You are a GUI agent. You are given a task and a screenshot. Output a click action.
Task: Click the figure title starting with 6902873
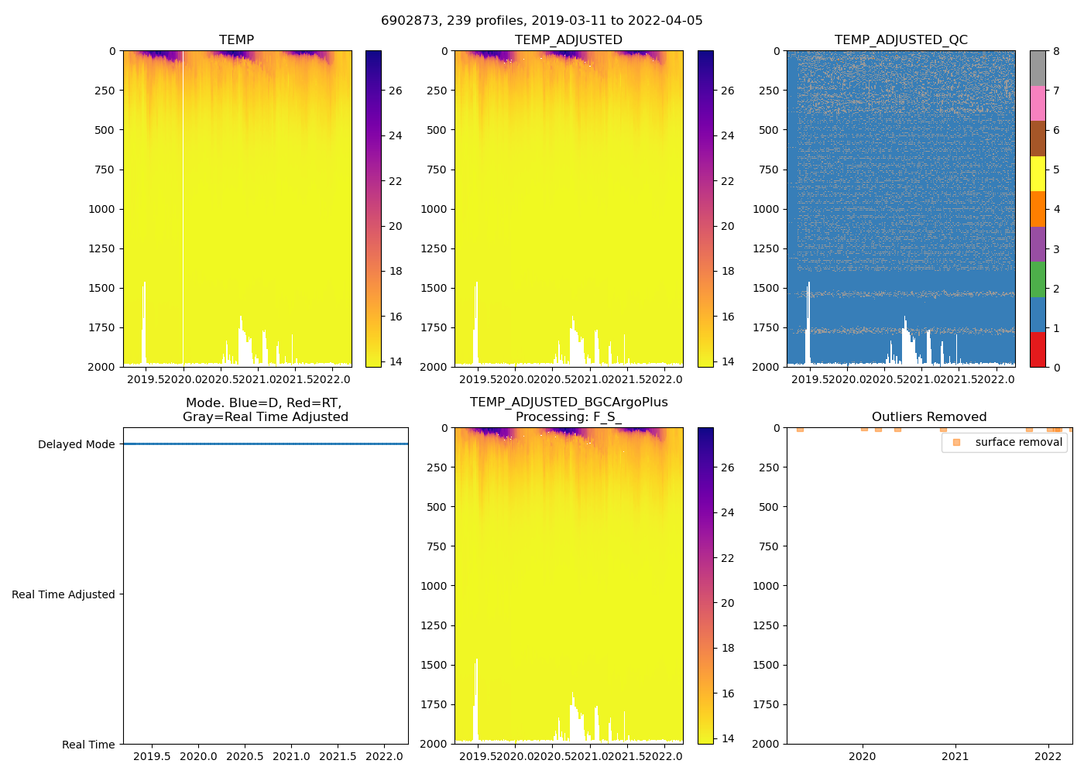pyautogui.click(x=541, y=21)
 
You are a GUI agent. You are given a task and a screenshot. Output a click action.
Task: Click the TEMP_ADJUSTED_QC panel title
pyautogui.click(x=900, y=40)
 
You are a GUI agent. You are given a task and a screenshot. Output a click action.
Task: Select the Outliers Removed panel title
pyautogui.click(x=928, y=417)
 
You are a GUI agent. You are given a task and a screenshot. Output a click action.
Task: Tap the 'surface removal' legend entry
pyautogui.click(x=1018, y=442)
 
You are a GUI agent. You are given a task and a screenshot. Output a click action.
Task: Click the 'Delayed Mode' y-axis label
pyautogui.click(x=76, y=444)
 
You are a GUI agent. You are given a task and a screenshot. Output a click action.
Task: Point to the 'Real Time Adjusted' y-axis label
pyautogui.click(x=63, y=594)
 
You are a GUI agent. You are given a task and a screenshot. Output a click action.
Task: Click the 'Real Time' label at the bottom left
pyautogui.click(x=88, y=745)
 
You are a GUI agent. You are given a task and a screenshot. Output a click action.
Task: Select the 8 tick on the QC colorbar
pyautogui.click(x=1057, y=52)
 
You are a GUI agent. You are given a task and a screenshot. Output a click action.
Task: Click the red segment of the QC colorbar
pyautogui.click(x=1038, y=349)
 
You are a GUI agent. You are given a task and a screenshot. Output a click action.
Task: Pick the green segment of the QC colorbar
pyautogui.click(x=1038, y=279)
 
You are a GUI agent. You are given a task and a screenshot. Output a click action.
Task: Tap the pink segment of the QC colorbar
pyautogui.click(x=1038, y=104)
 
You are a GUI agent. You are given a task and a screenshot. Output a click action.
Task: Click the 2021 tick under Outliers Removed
pyautogui.click(x=955, y=757)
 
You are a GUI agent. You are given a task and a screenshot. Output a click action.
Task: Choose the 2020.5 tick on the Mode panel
pyautogui.click(x=245, y=756)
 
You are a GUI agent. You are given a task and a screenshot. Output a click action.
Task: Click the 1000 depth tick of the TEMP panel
pyautogui.click(x=101, y=209)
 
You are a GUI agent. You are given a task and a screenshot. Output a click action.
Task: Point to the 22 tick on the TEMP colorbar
pyautogui.click(x=396, y=181)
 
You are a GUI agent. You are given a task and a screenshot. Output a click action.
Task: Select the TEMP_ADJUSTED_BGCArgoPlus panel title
pyautogui.click(x=568, y=409)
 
